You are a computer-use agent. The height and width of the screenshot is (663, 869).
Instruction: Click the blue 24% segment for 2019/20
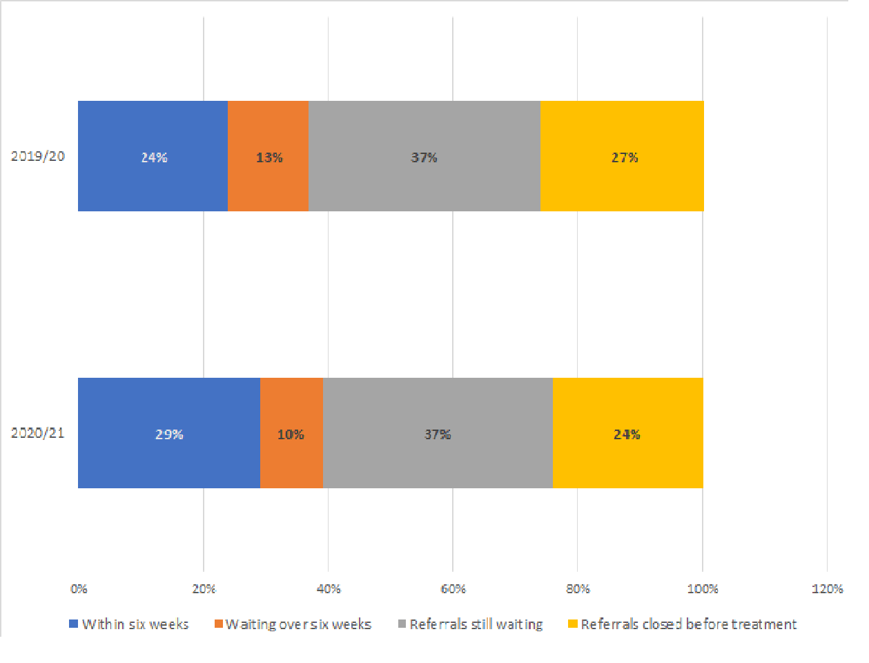tap(153, 156)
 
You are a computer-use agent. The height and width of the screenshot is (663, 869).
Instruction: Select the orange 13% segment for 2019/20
tap(268, 156)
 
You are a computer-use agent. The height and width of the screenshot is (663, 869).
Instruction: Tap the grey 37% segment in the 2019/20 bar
tap(424, 156)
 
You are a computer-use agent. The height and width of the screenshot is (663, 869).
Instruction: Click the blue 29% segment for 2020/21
tap(168, 433)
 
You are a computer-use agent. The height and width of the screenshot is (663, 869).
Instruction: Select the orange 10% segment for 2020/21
tap(291, 433)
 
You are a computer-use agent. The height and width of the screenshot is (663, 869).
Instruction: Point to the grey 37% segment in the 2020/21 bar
tap(438, 433)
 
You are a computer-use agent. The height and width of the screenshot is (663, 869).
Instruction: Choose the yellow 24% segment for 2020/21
tap(627, 433)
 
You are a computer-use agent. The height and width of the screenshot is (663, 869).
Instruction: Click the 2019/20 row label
tap(38, 156)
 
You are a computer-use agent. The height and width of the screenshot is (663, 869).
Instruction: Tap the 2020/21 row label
tap(38, 433)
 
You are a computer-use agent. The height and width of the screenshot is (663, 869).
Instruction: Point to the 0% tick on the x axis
tap(79, 589)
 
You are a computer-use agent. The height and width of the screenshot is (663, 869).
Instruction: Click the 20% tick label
tap(204, 589)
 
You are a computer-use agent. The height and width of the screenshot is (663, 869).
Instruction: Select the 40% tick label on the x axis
tap(329, 589)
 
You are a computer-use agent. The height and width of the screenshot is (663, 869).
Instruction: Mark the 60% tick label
tap(453, 589)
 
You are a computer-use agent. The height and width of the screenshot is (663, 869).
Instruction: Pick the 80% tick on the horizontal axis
tap(578, 589)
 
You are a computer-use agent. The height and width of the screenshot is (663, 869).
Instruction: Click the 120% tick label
tap(827, 589)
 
